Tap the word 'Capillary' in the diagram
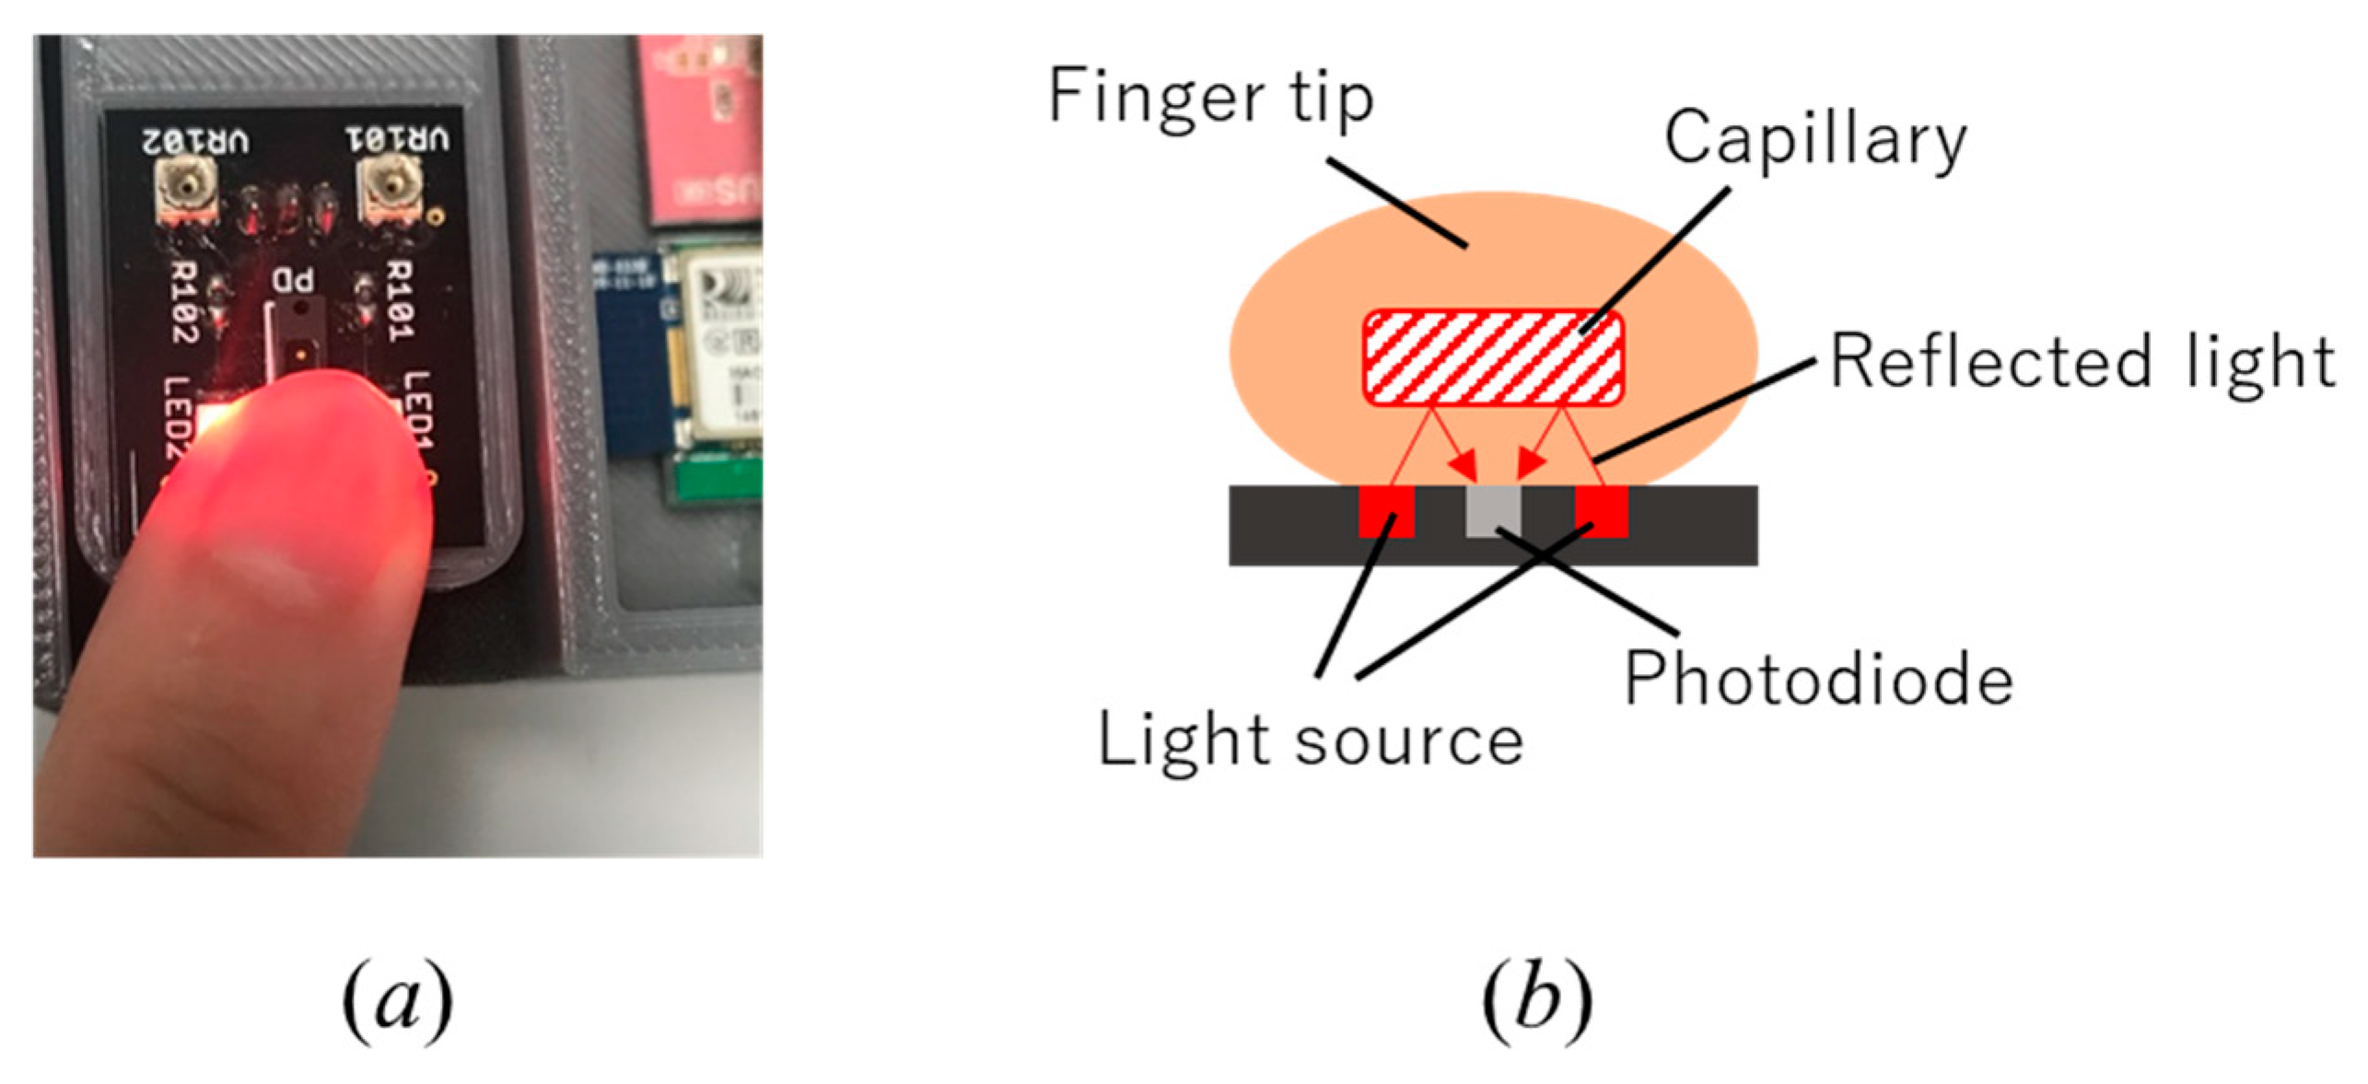(1814, 141)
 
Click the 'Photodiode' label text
(1817, 680)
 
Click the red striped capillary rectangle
(1492, 357)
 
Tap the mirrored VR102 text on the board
(194, 142)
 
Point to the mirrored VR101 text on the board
(398, 140)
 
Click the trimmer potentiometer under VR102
(188, 189)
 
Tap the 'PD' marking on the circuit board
(293, 281)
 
